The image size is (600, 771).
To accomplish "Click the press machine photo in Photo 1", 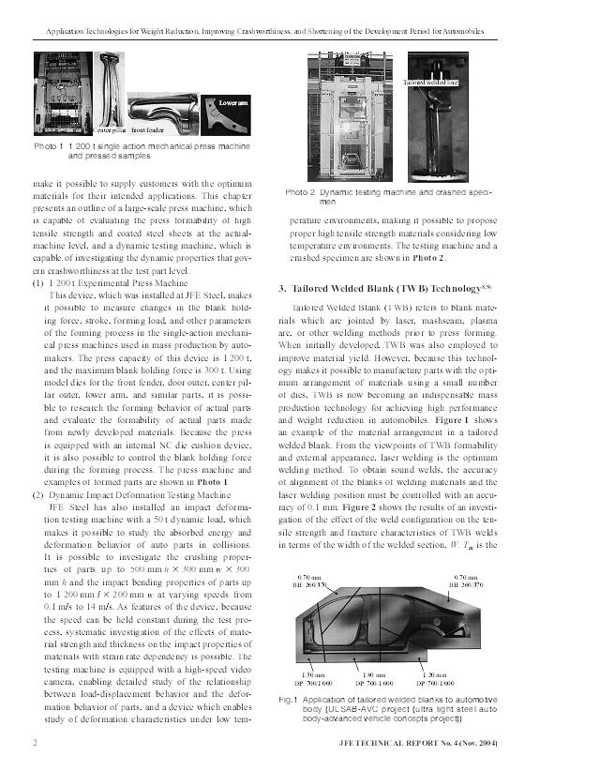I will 63,94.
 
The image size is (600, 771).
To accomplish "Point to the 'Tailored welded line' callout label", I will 430,83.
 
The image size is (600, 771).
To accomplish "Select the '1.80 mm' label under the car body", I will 374,674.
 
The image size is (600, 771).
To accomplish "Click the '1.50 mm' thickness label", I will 312,674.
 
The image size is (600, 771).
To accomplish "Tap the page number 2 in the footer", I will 35,743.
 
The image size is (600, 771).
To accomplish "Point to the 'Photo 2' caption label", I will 300,192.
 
